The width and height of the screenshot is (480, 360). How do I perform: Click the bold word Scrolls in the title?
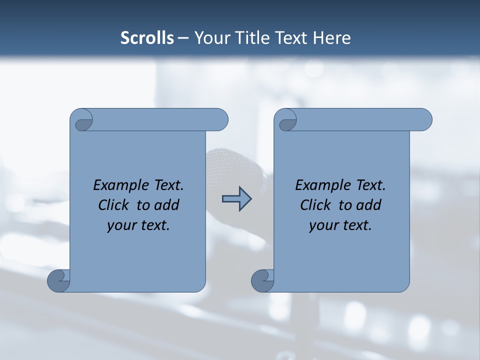click(147, 38)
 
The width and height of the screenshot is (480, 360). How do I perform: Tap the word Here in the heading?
click(332, 38)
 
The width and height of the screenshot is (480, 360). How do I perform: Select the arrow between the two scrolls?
click(236, 199)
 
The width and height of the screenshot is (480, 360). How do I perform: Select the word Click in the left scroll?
click(114, 205)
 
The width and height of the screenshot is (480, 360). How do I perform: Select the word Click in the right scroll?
click(316, 205)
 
